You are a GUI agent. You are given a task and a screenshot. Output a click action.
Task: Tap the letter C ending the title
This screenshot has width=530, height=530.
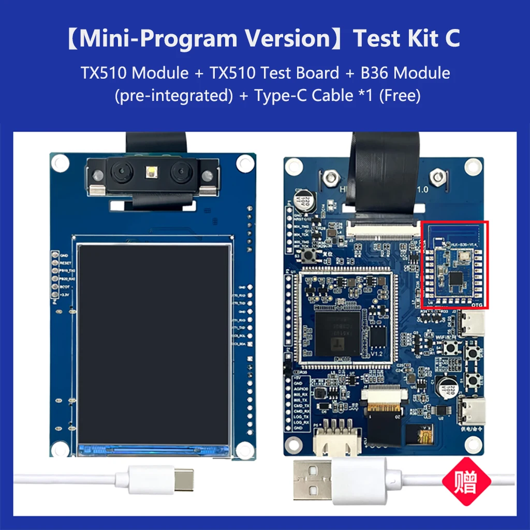452,39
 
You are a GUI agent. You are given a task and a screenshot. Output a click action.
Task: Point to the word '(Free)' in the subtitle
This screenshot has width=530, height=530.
400,96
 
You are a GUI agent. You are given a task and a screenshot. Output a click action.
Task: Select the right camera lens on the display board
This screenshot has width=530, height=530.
183,170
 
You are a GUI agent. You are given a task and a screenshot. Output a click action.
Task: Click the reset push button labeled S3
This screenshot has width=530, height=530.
312,255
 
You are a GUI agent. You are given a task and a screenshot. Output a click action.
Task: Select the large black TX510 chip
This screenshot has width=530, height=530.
337,332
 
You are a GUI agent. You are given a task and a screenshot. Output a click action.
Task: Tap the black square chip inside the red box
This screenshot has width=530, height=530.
456,278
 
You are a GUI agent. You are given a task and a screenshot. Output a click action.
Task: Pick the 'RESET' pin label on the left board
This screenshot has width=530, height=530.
66,263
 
